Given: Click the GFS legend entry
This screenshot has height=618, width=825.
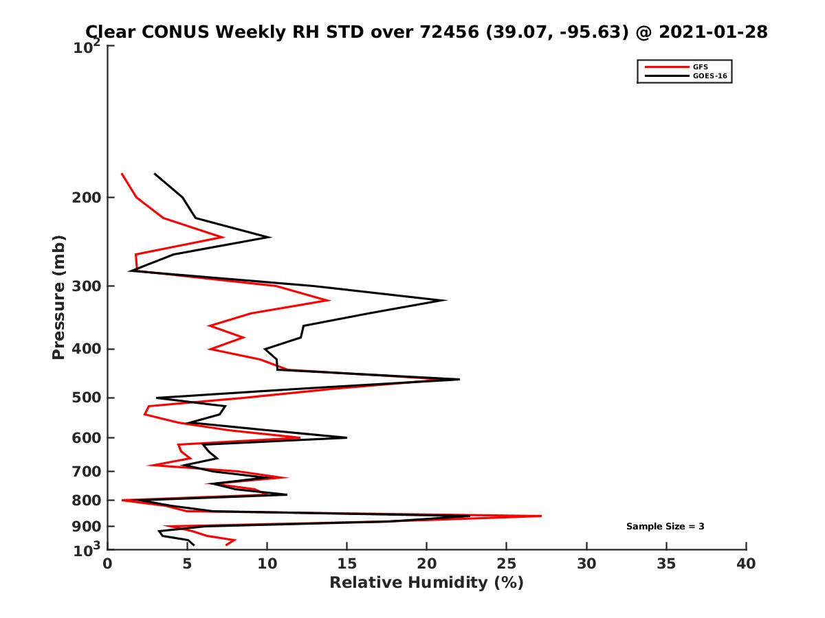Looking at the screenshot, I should point(701,67).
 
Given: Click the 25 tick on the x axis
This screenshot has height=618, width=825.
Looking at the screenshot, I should point(507,564).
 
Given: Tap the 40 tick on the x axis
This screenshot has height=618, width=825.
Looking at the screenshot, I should point(746,564).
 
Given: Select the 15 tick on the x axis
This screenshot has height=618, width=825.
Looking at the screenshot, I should point(347,564).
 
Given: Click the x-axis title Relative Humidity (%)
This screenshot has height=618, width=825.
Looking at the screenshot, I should point(426,583).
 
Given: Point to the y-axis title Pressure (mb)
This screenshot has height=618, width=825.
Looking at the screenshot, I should point(58,297).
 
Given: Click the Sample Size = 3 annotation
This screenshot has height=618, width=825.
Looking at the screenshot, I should point(665,527).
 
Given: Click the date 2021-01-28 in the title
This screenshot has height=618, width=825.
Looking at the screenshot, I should point(712,32).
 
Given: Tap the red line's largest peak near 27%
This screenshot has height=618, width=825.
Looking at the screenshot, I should point(541,516).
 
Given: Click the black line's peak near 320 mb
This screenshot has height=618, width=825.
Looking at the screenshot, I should point(446,300).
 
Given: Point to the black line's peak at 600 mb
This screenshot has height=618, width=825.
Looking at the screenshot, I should point(346,437).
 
